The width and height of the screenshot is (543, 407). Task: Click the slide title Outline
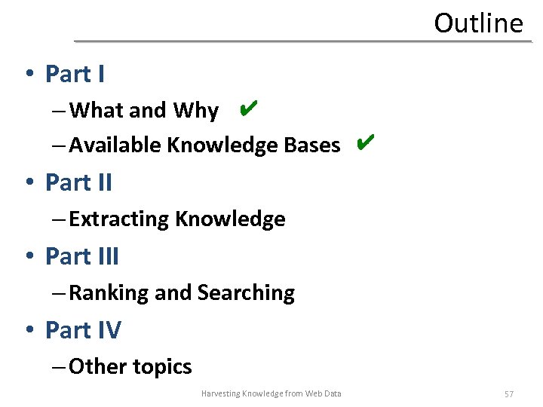478,23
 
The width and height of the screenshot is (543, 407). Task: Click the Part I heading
75,74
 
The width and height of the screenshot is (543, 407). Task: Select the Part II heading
78,182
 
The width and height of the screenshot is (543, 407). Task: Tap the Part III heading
82,256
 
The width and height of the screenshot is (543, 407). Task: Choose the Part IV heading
83,330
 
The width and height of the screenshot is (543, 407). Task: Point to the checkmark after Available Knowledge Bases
364,142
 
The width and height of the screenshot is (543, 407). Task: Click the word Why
195,111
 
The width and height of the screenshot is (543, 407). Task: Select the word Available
115,145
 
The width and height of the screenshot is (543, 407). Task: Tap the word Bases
312,145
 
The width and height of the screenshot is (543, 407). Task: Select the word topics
162,368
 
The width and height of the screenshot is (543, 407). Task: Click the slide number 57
509,394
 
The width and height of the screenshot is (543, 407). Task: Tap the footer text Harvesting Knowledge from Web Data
271,393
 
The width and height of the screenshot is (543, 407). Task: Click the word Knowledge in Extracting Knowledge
230,219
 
